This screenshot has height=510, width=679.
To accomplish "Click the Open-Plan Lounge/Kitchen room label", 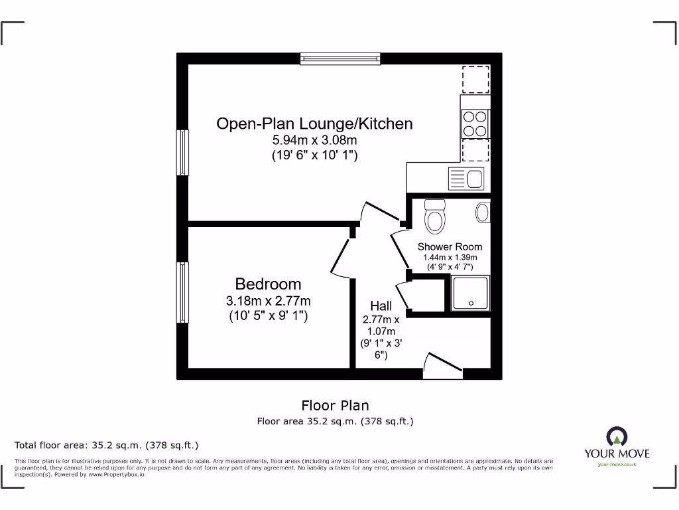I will click(314, 124).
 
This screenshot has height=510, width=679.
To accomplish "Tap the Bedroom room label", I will click(268, 284).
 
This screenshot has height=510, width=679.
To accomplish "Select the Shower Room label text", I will click(450, 246).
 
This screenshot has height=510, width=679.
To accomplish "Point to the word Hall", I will click(381, 306).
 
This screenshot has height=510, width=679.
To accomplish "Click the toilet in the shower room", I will click(435, 217).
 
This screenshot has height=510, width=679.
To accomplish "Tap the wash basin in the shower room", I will click(482, 212).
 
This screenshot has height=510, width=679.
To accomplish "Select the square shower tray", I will click(470, 294).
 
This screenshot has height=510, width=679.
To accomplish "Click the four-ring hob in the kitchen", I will click(475, 123).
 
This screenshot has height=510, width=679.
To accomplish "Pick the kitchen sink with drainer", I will click(467, 178).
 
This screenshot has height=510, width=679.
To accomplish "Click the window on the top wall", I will click(340, 58).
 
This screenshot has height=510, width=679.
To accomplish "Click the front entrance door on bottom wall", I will click(442, 367).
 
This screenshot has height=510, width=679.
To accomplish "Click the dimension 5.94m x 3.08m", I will click(314, 140).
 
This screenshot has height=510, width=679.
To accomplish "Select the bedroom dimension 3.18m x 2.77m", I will click(268, 301).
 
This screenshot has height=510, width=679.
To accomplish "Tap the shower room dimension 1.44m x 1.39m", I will click(450, 258).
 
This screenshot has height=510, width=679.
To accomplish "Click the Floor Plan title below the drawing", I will click(335, 405).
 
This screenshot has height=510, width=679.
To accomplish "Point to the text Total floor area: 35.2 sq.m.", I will click(106, 445).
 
